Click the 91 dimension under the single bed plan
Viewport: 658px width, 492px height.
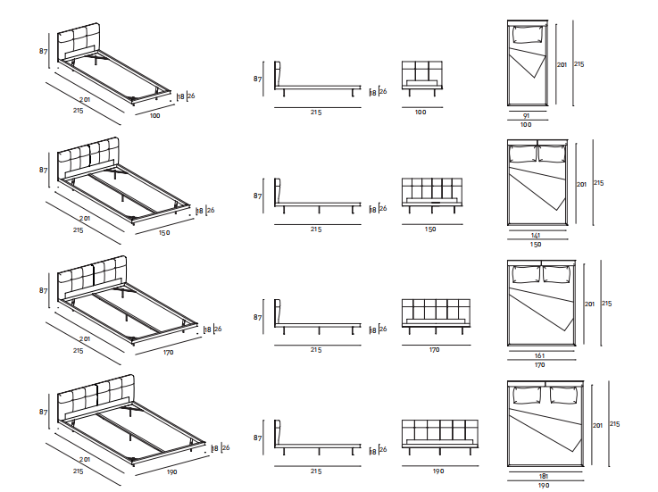[x=526, y=116]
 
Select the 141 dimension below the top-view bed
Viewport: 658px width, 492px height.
[x=536, y=236]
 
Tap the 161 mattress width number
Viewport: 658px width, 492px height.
[x=539, y=355]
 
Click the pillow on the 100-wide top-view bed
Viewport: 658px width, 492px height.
[x=528, y=36]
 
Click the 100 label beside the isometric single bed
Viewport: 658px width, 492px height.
[x=154, y=116]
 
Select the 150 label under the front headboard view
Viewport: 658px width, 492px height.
[x=430, y=229]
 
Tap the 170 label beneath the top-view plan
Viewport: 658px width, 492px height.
[x=539, y=364]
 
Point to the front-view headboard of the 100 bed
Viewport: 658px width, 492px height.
[x=421, y=71]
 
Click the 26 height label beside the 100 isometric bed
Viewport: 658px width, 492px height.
[x=191, y=96]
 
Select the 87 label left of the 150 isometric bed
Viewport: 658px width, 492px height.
[x=42, y=169]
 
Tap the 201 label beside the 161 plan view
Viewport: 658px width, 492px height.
[x=589, y=304]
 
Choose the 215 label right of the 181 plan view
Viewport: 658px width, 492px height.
[x=614, y=424]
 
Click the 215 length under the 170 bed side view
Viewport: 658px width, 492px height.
[x=317, y=350]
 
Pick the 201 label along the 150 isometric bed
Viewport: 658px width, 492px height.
[x=85, y=218]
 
